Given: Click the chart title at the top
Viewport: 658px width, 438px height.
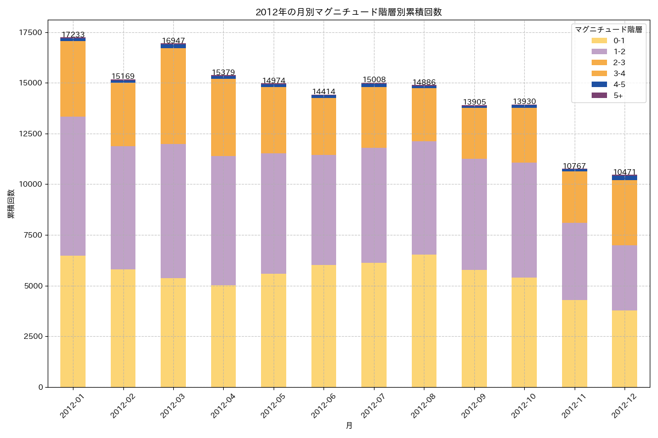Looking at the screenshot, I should point(349,12).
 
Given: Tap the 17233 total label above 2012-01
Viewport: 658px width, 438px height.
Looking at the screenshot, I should point(73,34).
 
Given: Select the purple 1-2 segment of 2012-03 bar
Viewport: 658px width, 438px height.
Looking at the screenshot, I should point(173,211).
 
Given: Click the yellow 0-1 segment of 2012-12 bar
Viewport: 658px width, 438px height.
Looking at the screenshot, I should point(625,349).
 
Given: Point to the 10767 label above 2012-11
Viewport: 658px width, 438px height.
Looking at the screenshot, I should point(574,166).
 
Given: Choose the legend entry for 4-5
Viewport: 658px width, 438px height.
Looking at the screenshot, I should point(619,84).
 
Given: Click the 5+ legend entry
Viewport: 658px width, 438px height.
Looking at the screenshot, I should point(617,95).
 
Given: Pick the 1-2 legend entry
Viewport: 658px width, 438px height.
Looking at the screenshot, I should point(619,51).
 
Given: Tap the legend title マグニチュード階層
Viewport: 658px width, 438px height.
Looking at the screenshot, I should point(608,29).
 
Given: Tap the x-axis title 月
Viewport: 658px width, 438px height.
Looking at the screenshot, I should point(349,425).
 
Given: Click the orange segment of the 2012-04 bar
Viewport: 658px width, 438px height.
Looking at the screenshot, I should point(223,118).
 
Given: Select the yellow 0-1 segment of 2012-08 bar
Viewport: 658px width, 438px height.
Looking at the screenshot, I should point(424,321).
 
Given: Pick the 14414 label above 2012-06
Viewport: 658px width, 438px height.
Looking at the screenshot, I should point(324,91).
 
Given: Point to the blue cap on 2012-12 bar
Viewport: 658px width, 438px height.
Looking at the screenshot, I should point(625,177).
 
